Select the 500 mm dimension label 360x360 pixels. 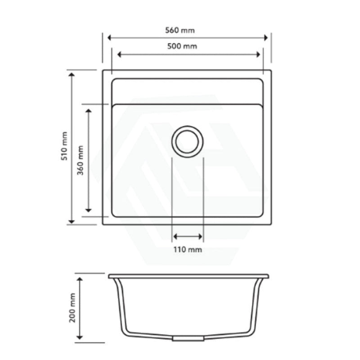[x=186, y=46]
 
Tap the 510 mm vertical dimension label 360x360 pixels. [x=65, y=146]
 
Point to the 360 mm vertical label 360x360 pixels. [x=81, y=159]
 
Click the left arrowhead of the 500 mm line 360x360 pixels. [x=120, y=54]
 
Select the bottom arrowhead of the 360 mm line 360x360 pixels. [x=89, y=209]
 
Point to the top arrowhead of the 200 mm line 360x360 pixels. [x=80, y=280]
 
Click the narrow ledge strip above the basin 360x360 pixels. [x=187, y=91]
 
